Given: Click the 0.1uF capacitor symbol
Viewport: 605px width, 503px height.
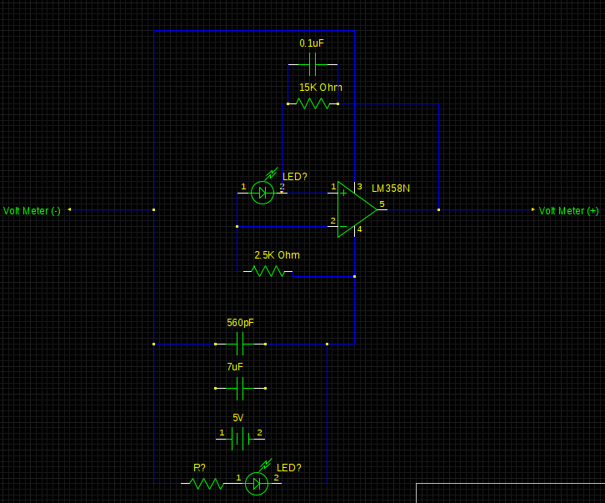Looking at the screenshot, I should (313, 64).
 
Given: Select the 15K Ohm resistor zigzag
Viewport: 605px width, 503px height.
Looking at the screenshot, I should (313, 103).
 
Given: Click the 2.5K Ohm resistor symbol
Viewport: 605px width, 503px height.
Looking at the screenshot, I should (268, 270).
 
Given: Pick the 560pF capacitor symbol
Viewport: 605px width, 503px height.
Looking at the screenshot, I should (240, 344).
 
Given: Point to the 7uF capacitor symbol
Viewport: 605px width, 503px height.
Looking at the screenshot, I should (240, 388).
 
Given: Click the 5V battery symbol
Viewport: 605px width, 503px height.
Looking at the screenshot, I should (240, 439).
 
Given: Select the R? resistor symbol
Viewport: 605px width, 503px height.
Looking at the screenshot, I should (207, 483).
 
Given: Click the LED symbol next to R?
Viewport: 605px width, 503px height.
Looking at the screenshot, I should (257, 483).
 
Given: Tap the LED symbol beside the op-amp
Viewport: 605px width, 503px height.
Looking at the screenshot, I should (262, 193).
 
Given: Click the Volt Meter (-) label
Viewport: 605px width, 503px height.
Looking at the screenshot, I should (32, 211).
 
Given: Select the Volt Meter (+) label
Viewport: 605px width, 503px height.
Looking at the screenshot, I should (568, 211).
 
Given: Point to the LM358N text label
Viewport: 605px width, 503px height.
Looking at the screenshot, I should (391, 189).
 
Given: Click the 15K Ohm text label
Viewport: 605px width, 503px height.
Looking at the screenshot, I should (320, 88).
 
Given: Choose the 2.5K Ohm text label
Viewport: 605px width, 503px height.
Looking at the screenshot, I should (277, 255).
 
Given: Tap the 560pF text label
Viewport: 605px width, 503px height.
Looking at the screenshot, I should (240, 323).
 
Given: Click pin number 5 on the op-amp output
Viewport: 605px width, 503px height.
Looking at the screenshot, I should (382, 204).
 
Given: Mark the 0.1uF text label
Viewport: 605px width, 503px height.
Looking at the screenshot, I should (312, 43).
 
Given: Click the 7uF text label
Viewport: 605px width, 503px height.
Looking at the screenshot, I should (235, 367).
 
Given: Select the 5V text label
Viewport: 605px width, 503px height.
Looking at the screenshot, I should (237, 418).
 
